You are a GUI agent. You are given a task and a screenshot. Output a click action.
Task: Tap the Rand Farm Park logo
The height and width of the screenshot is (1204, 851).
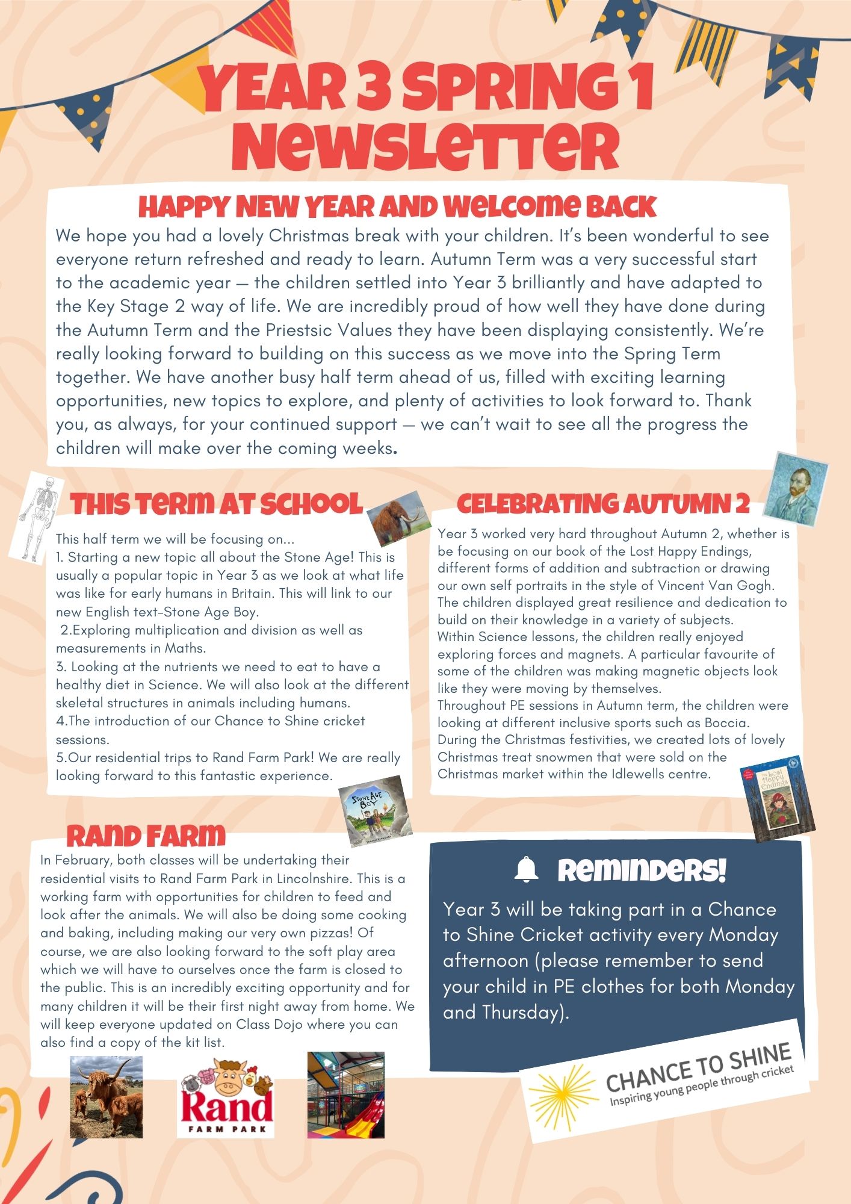pyautogui.click(x=226, y=1097)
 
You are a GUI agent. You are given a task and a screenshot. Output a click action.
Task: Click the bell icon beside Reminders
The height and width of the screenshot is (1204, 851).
pyautogui.click(x=527, y=870)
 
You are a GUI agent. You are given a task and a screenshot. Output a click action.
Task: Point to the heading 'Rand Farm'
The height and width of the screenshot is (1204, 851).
pyautogui.click(x=146, y=837)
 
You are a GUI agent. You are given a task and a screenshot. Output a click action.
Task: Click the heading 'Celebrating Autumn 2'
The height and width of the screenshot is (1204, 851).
pyautogui.click(x=603, y=504)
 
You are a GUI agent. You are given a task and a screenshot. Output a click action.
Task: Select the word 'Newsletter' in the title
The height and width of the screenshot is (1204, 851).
pyautogui.click(x=429, y=146)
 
